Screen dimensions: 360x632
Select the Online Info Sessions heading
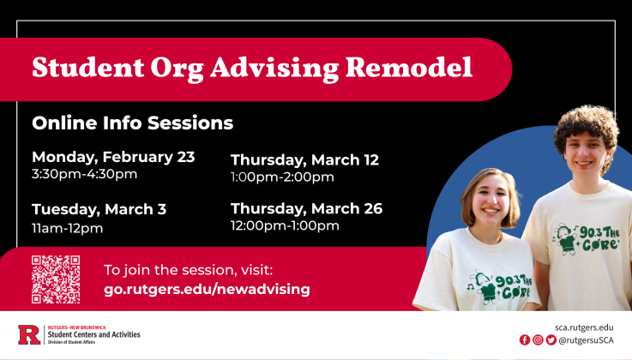click(x=132, y=123)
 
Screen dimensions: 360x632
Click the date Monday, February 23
click(x=113, y=157)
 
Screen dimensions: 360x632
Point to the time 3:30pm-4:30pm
click(x=84, y=175)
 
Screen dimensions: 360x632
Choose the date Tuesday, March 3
click(x=99, y=209)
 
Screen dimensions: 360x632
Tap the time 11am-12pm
click(x=67, y=228)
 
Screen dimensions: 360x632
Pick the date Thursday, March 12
click(x=304, y=159)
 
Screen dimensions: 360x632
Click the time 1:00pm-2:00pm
click(x=282, y=177)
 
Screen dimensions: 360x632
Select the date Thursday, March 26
click(x=306, y=208)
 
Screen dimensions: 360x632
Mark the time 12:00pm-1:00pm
click(x=285, y=226)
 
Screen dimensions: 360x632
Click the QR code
click(x=56, y=279)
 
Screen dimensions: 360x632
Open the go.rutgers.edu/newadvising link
click(x=207, y=289)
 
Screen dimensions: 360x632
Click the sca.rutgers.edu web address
click(x=584, y=327)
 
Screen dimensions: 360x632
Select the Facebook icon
click(x=525, y=340)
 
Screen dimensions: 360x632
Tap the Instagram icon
click(x=538, y=340)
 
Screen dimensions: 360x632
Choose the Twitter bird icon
click(x=551, y=340)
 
